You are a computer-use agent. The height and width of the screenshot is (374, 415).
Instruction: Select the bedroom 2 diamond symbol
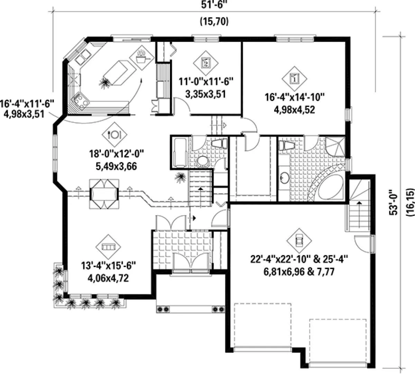pos(206,63)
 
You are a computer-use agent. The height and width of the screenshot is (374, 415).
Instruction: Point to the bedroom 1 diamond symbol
pos(294,79)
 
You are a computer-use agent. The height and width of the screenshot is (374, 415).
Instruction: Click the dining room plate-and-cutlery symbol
pos(114,135)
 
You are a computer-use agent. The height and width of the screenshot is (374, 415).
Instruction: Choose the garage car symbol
pos(299,240)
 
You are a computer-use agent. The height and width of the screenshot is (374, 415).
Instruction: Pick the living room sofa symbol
pos(108,247)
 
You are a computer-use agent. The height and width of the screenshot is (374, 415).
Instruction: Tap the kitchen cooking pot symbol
pos(142,58)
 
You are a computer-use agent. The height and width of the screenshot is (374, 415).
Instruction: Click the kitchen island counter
pos(119,73)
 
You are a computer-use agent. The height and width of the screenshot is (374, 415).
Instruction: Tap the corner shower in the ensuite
pos(335,146)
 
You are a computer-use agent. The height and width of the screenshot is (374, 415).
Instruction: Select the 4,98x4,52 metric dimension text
pos(294,110)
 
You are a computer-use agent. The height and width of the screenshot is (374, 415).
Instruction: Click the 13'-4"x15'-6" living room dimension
pos(108,266)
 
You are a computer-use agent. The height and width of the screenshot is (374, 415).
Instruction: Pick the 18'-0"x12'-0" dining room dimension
pos(117,154)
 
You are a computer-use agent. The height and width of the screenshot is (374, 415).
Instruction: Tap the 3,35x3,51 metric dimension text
pos(206,94)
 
